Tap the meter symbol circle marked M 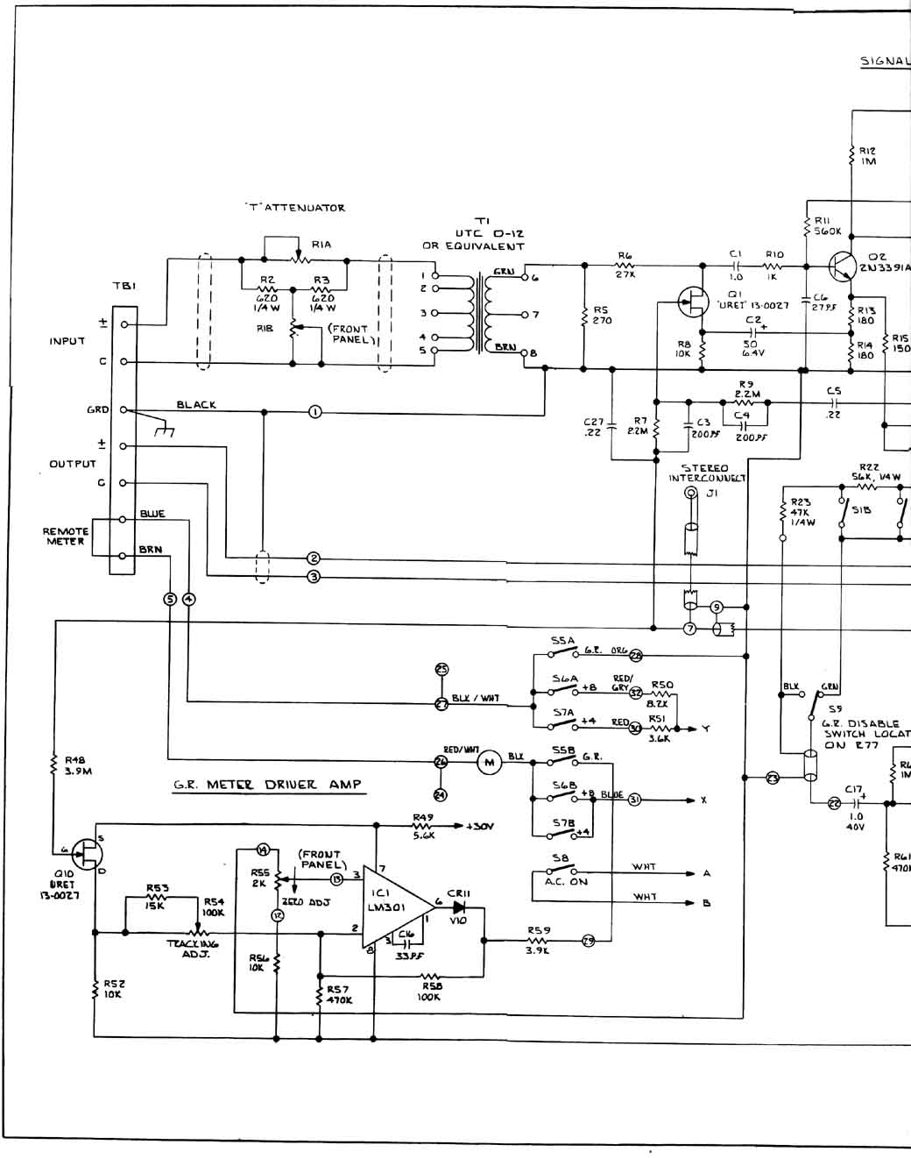(x=489, y=763)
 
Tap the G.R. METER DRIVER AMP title (x=267, y=785)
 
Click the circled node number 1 (x=315, y=411)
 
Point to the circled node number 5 (x=169, y=599)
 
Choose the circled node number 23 (x=772, y=777)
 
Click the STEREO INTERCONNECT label (x=706, y=473)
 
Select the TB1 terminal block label (x=124, y=286)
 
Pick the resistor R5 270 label (x=601, y=315)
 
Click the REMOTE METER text (x=66, y=537)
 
